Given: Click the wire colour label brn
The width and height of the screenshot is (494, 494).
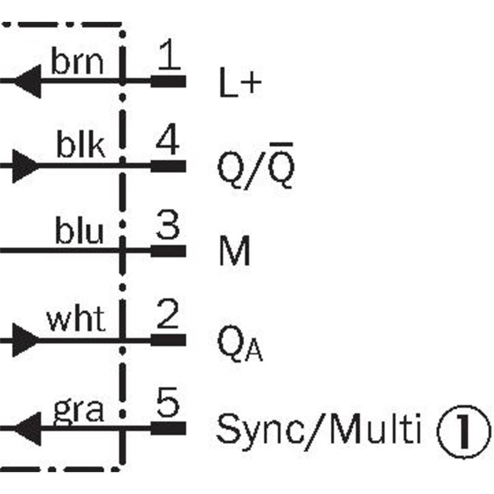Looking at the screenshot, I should [x=77, y=62].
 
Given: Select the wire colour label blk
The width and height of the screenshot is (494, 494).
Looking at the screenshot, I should [x=81, y=147].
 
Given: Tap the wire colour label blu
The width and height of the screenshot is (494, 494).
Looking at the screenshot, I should [x=80, y=232].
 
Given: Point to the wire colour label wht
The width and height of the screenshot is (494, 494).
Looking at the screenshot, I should [x=76, y=320].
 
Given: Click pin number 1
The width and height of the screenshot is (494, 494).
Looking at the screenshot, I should [x=169, y=57].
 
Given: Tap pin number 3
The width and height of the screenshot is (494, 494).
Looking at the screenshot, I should [x=167, y=227].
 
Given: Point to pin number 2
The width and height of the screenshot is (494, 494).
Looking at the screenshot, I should [x=167, y=316].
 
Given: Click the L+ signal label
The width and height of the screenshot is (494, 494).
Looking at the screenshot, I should [x=240, y=85].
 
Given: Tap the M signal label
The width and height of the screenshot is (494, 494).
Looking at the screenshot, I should [x=235, y=253].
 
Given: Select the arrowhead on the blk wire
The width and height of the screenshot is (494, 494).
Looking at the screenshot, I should [x=25, y=165].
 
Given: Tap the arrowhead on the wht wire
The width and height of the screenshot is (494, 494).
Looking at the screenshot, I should [x=25, y=340].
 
